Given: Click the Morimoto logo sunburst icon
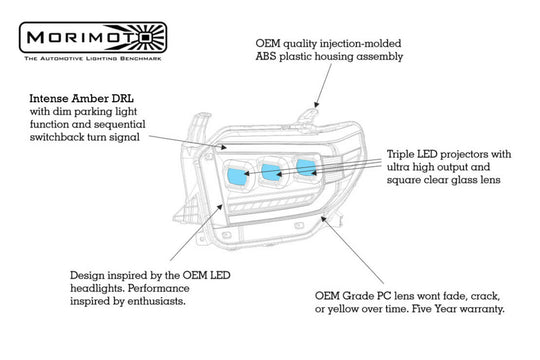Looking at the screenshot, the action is [146, 37].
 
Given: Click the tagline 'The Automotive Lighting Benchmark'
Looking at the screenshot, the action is [93, 58].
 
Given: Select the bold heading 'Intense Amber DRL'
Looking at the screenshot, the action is [81, 99].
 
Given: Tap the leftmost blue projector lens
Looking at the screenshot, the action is [238, 176].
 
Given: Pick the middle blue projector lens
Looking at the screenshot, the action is [272, 172].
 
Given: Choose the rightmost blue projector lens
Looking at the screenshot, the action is [306, 168].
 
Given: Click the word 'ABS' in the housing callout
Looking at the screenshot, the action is [266, 56].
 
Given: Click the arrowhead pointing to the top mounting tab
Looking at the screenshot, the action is [316, 105].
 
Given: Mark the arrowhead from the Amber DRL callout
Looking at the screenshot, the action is [224, 147].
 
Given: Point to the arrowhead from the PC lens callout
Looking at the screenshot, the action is [324, 218].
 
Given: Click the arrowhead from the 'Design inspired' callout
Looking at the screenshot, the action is [220, 206].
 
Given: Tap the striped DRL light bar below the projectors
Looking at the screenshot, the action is [272, 204].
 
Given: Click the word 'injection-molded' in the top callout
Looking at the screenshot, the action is [361, 44].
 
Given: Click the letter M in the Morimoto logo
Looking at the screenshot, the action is [35, 37].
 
